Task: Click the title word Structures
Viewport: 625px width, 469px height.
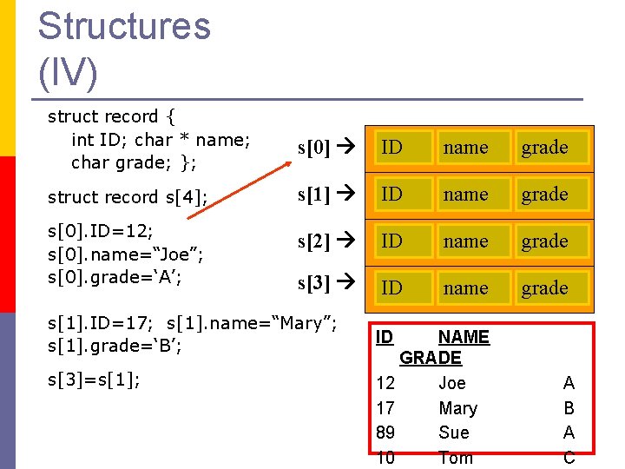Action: pos(124,25)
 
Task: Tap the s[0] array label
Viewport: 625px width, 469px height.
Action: pos(313,148)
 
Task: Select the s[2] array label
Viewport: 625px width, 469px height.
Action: pos(313,241)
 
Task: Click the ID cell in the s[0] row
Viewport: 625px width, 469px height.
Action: pos(392,148)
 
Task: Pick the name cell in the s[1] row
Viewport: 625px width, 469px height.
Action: pos(465,195)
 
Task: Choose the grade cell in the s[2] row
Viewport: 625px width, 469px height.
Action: pos(544,241)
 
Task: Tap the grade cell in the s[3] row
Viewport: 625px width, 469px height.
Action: pos(544,288)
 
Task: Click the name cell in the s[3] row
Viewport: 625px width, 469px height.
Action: pos(465,288)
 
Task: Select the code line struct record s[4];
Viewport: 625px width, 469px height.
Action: pos(128,197)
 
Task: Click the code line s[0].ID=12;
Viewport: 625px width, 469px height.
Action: pos(101,231)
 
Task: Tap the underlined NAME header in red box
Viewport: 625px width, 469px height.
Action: pos(464,337)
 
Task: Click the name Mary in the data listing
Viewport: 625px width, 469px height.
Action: pos(457,408)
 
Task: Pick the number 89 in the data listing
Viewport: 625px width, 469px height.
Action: pos(385,433)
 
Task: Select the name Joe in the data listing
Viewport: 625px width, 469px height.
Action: pos(451,383)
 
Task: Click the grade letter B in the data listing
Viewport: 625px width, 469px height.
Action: pos(569,408)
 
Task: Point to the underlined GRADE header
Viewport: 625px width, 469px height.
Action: pos(431,358)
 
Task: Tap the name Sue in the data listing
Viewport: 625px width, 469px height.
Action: pos(453,433)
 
